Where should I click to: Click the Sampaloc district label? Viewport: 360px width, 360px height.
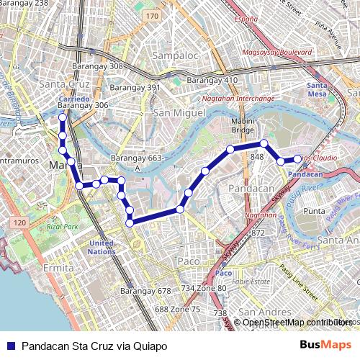[175, 55]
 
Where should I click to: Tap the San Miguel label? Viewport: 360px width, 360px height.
[179, 113]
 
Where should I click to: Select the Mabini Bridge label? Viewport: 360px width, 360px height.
[243, 126]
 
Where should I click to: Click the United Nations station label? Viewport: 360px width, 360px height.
[102, 248]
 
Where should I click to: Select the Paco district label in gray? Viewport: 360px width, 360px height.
[188, 261]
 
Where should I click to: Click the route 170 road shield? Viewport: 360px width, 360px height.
[151, 15]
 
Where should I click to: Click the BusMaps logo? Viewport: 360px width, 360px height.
[325, 346]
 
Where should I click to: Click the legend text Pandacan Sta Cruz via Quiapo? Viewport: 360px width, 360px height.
[94, 346]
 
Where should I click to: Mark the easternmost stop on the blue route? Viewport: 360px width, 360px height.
[297, 158]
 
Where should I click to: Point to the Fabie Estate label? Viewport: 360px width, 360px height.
[251, 282]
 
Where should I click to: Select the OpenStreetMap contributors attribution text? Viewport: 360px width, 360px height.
[297, 322]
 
